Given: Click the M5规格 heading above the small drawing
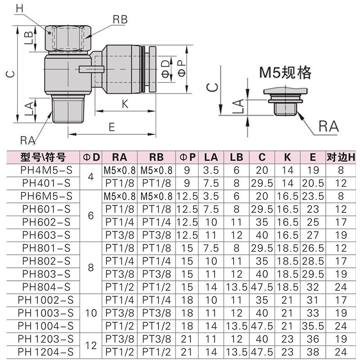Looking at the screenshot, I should (x=285, y=72).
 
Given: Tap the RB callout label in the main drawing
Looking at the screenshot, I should (x=120, y=19).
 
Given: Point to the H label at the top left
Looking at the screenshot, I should (x=19, y=8).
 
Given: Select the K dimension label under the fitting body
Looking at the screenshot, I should (x=125, y=104).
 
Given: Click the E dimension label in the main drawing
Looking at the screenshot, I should (x=112, y=127).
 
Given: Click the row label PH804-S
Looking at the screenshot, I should (x=45, y=287).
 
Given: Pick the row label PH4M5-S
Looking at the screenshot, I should (x=45, y=170).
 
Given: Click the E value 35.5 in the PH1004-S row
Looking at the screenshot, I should (x=313, y=325).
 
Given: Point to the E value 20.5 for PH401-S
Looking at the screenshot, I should (x=313, y=183).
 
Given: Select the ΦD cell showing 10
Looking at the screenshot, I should (x=91, y=313).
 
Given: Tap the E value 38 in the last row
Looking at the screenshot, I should (x=313, y=351).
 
